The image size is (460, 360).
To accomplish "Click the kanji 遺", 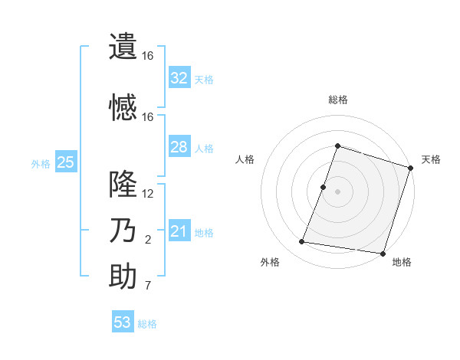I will click(x=123, y=45).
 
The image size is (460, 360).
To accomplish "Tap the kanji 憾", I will click(x=123, y=106).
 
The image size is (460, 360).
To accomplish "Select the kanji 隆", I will click(x=123, y=183).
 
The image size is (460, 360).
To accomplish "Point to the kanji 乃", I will click(x=123, y=231).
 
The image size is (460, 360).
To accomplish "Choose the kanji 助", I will click(x=123, y=277).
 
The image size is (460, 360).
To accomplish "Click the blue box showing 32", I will click(x=179, y=77).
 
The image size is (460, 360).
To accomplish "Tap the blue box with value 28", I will click(x=179, y=147).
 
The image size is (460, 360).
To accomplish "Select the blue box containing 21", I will click(x=179, y=231).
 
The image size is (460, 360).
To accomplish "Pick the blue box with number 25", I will click(x=65, y=162).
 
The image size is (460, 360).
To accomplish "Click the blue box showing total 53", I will click(x=123, y=322).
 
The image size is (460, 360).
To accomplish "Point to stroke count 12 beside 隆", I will click(x=148, y=193).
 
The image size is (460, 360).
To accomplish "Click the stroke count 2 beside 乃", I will click(x=148, y=241).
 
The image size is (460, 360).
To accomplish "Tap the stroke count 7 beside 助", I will click(x=148, y=286).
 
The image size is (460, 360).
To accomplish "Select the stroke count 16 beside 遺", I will click(x=148, y=56).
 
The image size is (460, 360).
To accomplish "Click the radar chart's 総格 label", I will click(x=338, y=100).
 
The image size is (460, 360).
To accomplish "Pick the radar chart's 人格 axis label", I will click(x=245, y=159).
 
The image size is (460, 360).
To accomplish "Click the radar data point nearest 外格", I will click(x=302, y=242).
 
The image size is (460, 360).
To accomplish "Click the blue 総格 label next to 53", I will click(x=147, y=324).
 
